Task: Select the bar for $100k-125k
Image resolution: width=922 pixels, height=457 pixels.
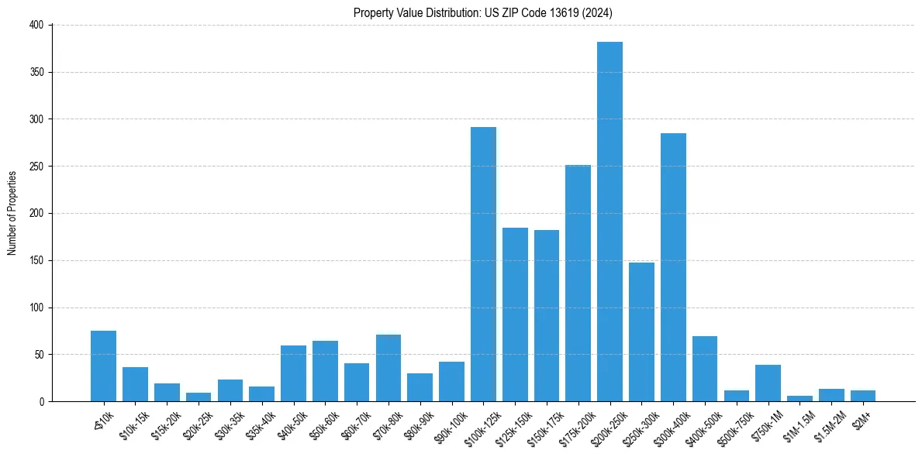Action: [x=483, y=264]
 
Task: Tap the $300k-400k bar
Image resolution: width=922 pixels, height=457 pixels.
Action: [x=673, y=267]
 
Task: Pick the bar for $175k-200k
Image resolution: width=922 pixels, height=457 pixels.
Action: [x=578, y=283]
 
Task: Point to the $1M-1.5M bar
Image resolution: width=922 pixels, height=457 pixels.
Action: [x=799, y=398]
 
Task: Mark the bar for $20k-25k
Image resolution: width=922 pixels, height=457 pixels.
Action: [x=199, y=397]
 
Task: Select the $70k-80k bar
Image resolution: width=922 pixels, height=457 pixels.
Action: [x=388, y=368]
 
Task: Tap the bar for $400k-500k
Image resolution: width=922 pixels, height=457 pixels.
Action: [x=705, y=369]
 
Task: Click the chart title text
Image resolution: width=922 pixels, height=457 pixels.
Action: [x=483, y=13]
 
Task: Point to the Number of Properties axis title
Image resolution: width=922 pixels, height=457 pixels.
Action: [x=12, y=213]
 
